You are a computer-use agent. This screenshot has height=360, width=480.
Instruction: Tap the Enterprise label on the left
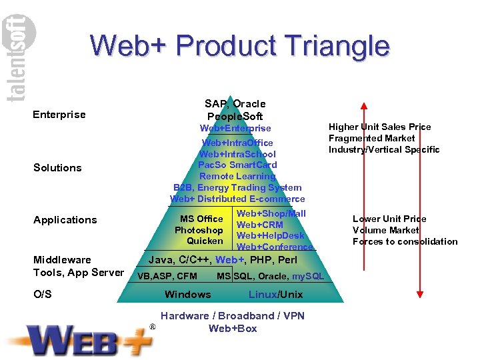point(59,115)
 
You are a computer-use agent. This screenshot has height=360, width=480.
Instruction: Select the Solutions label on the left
point(57,168)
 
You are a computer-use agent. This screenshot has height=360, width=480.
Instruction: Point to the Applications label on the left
point(65,220)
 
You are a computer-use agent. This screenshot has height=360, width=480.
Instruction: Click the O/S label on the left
point(42,295)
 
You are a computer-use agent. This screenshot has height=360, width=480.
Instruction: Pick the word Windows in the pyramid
point(187,295)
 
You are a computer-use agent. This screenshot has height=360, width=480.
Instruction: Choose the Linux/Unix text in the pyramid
point(275,295)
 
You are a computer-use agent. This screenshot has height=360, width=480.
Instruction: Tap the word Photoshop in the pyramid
point(199,230)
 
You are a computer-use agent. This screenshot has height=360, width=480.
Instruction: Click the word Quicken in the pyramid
point(205,241)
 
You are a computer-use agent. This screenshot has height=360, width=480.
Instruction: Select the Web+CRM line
point(260,225)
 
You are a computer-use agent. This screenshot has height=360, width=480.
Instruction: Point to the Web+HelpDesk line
point(271,235)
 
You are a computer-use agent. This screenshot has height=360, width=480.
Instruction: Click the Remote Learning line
point(237,176)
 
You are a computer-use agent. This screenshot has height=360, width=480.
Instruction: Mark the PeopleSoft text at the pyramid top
point(235,116)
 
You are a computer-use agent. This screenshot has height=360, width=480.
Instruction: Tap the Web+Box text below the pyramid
point(232,328)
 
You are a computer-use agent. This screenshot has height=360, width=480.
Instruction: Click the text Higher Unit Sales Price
point(379,127)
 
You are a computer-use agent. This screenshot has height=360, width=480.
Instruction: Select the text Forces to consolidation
point(405,241)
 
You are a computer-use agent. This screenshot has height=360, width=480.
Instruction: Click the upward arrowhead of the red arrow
point(363,106)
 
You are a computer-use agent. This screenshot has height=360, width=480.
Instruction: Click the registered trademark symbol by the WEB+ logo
point(153,327)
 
